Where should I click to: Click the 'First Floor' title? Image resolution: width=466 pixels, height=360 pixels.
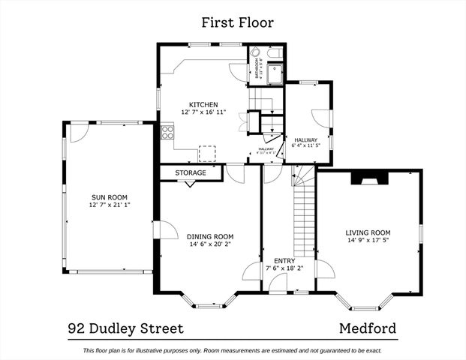tap(233, 22)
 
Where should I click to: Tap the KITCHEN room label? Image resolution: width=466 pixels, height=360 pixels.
tap(203, 104)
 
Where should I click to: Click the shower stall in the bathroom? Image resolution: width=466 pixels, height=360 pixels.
tap(275, 73)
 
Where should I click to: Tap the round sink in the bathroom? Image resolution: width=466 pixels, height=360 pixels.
tap(256, 53)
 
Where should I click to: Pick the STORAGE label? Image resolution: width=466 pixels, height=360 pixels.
tap(191, 172)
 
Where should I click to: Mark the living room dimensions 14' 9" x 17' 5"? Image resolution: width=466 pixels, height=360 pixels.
tap(368, 241)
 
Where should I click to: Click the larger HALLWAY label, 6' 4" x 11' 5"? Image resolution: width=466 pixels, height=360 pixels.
tap(306, 139)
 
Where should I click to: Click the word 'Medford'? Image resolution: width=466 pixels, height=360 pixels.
tap(367, 328)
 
